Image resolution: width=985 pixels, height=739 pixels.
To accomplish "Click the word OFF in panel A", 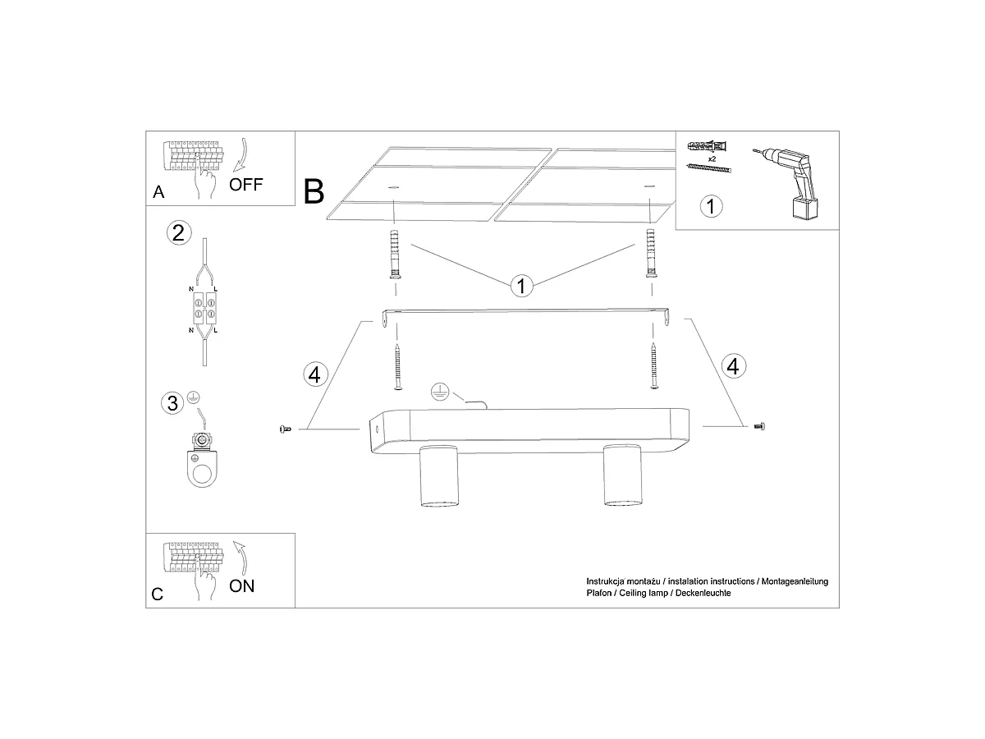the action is (x=245, y=185).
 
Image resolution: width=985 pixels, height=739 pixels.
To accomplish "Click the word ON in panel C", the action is (x=241, y=586).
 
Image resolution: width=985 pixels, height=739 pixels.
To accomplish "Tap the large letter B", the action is (x=314, y=191).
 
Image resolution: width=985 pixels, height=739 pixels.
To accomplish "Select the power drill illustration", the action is (x=790, y=183).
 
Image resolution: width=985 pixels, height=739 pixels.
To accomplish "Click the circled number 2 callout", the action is (x=179, y=233).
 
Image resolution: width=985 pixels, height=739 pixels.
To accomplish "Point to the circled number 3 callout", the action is (x=172, y=403).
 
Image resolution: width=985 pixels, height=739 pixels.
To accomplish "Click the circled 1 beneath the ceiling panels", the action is (x=521, y=287).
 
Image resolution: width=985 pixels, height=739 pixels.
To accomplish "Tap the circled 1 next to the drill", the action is (x=712, y=206).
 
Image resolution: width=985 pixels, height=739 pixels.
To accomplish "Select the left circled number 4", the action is (x=315, y=374).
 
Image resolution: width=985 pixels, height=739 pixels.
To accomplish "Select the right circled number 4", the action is (x=734, y=366).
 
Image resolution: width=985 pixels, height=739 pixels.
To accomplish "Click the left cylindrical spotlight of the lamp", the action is (x=439, y=475).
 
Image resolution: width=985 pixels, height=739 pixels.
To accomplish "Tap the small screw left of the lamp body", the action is (x=285, y=429).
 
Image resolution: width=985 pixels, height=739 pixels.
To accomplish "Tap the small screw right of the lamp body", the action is (x=760, y=426).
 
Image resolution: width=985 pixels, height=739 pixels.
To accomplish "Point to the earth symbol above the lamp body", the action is (x=440, y=392).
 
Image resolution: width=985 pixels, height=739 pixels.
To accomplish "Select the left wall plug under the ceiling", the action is (x=396, y=255).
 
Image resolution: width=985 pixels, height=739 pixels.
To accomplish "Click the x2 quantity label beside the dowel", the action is (x=712, y=158).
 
